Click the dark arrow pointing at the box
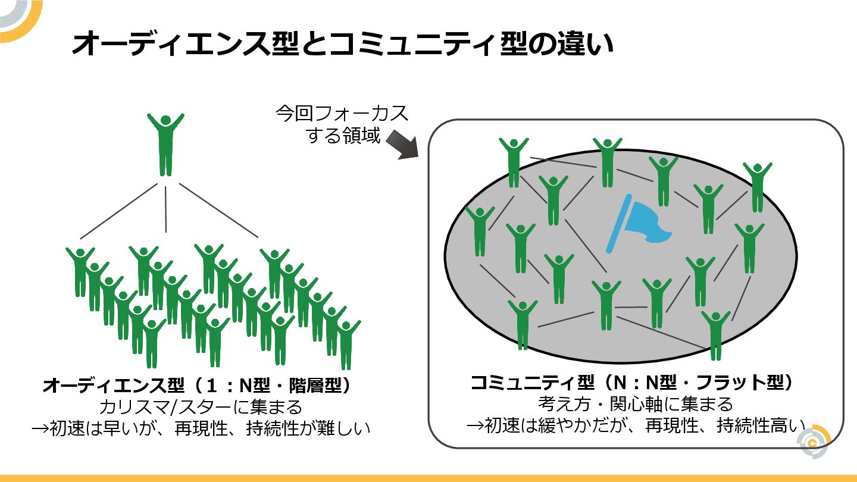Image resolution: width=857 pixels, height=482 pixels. coord(403,145)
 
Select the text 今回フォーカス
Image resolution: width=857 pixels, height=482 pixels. coord(342,114)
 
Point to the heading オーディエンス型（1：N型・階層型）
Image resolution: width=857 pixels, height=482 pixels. coord(197,386)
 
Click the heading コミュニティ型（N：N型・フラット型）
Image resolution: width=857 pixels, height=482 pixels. coord(631,382)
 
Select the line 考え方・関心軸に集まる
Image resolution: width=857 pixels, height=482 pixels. coord(636,404)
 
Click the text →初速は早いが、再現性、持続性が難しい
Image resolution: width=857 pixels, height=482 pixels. coord(201,428)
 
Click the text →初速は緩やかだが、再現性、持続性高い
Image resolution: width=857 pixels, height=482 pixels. coord(636,425)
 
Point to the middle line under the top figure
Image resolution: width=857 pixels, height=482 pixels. coord(166,208)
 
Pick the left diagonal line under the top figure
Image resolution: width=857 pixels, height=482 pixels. coord(119,211)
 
